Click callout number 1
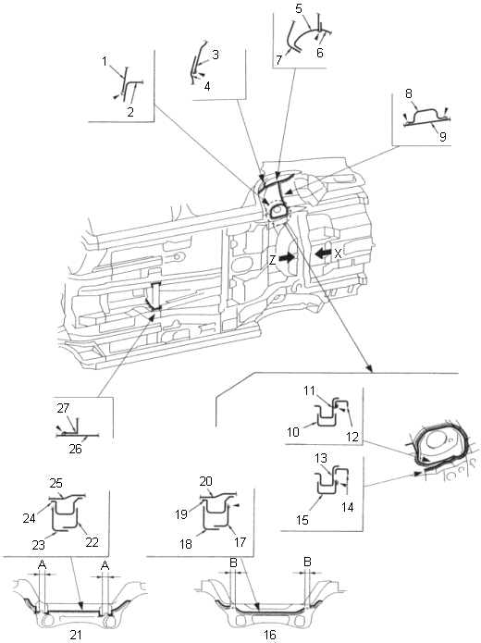pos(105,61)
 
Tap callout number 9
pos(442,136)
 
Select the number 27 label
pos(63,408)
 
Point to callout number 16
pos(269,635)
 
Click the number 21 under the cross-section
pos(76,635)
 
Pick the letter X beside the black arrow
pos(338,253)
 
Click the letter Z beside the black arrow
pos(273,260)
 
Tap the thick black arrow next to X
pos(323,253)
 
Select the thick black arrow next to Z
pos(287,257)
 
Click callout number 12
pos(352,437)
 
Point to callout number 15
pos(302,520)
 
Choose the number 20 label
pos(206,481)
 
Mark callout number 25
pos(56,483)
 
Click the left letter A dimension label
pos(42,565)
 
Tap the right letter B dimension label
pos(307,562)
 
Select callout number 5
pos(299,8)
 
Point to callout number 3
pos(215,55)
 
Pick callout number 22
pos(92,542)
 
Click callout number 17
pos(240,542)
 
